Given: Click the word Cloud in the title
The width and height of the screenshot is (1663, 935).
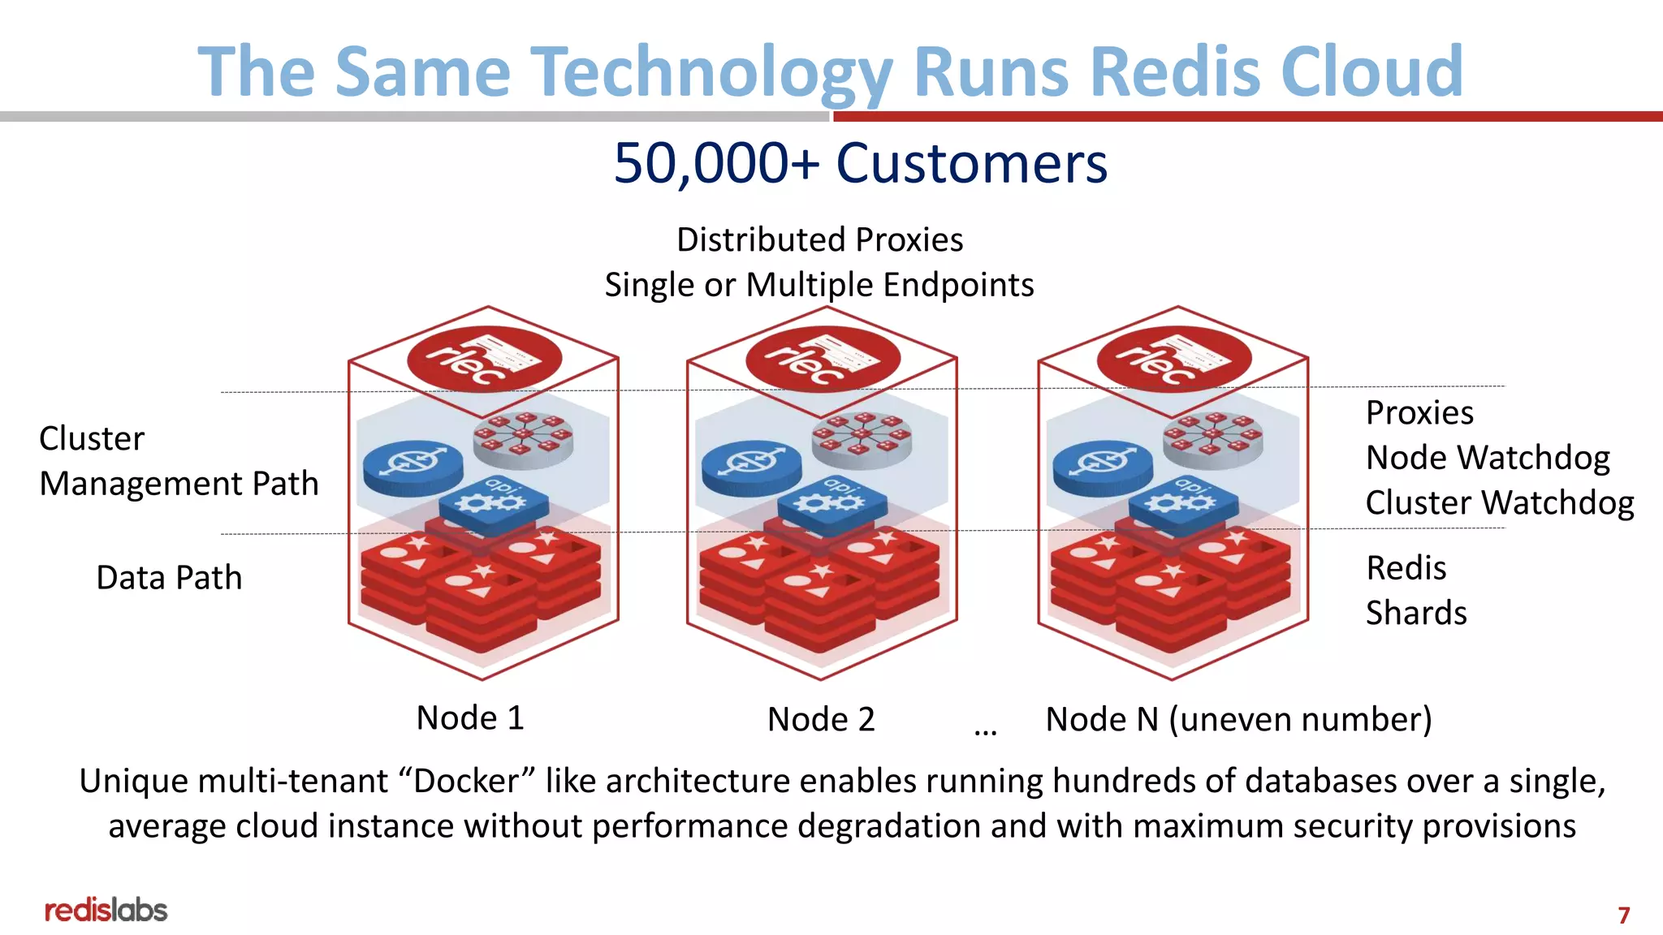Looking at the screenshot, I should point(1371,71).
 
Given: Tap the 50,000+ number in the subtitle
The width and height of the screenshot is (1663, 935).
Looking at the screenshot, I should point(715,163).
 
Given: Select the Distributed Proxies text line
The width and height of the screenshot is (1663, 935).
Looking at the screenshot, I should point(819,240).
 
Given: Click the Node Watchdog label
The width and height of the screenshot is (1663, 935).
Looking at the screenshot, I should point(1487,458).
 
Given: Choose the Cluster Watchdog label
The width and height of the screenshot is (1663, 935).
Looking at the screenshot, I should point(1499,503).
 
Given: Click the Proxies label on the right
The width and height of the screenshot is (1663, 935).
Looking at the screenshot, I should point(1419,413).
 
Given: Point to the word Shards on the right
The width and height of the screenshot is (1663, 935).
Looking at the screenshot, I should point(1415,613).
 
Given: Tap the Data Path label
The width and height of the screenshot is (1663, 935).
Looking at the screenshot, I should point(169,578).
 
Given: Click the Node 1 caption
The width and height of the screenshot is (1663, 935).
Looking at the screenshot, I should point(470,718).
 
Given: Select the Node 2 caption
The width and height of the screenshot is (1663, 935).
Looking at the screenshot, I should point(821,720).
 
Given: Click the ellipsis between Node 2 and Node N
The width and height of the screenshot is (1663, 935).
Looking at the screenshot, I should point(985,732).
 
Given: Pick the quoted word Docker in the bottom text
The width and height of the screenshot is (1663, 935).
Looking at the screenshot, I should point(467,782).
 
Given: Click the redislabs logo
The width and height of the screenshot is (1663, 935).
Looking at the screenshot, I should point(106,911).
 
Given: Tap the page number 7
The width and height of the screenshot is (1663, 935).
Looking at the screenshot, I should point(1623,916).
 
